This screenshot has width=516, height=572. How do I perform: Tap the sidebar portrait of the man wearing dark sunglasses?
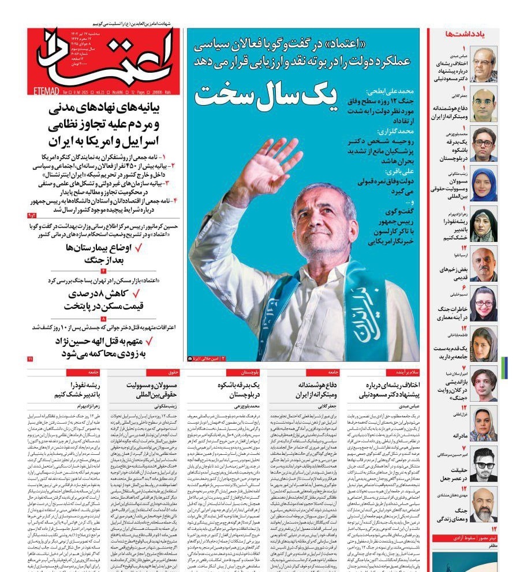click(x=483, y=465)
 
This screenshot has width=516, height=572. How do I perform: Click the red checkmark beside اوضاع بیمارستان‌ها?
click(x=137, y=248)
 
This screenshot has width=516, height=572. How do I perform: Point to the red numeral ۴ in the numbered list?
click(x=174, y=200)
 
